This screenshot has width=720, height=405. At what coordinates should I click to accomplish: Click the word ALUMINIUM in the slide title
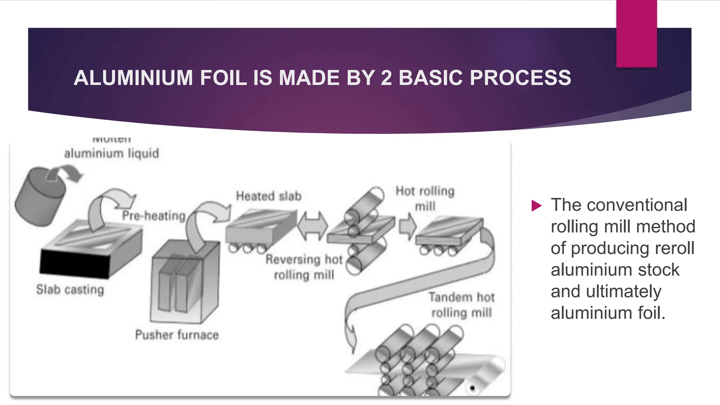[x=133, y=78]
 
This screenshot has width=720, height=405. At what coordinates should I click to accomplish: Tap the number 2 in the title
[x=386, y=78]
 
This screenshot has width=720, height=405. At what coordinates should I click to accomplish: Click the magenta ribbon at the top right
[x=636, y=33]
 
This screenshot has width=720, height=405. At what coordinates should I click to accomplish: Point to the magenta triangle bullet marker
[x=536, y=206]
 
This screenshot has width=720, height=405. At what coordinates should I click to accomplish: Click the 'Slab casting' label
[x=70, y=290]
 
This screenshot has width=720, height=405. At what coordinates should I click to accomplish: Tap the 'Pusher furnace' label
[x=177, y=335]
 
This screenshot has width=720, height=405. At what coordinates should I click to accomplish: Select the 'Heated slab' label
[x=269, y=196]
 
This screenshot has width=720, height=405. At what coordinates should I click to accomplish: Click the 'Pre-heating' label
[x=154, y=216]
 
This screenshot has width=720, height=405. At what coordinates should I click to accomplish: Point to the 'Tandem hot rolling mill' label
[x=461, y=305]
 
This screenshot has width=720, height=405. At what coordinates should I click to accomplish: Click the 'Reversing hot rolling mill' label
[x=304, y=267]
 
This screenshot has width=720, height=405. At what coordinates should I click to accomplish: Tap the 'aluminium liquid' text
[x=111, y=153]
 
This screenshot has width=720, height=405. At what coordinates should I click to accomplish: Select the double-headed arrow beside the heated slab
[x=312, y=226]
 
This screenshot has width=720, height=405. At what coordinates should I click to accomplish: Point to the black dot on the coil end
[x=472, y=388]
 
